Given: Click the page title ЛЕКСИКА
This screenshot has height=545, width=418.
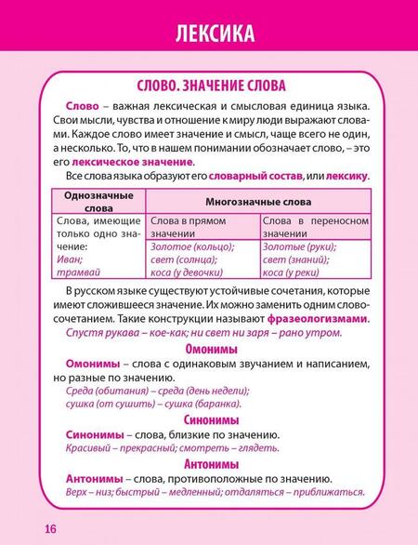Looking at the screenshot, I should click(208, 35).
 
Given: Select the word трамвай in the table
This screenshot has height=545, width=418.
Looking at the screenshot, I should click(64, 272).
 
